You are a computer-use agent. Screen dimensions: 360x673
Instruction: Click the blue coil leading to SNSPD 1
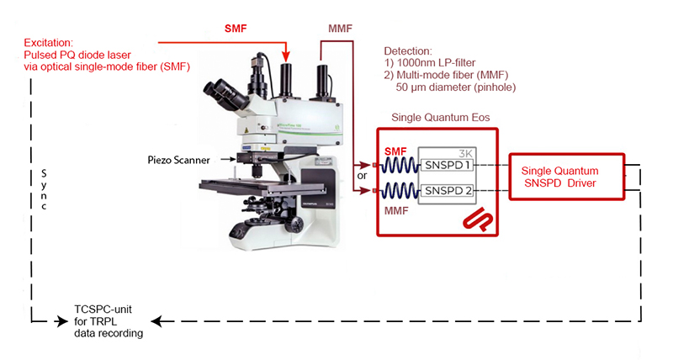(400, 164)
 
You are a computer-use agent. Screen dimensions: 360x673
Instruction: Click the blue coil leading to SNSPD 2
(400, 191)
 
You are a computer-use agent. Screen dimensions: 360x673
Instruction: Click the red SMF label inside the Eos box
(395, 150)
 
